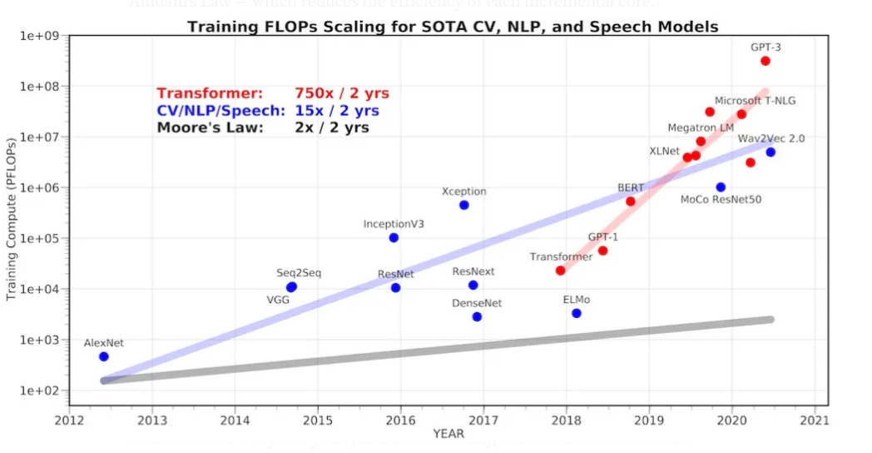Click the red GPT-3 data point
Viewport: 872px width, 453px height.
pos(765,61)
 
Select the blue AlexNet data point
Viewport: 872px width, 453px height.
pos(104,356)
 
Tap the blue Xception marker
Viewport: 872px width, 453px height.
pos(464,205)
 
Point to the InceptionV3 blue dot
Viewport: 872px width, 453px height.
pos(394,237)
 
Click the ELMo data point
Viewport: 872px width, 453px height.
pos(577,313)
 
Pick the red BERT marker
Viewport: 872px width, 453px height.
pos(631,201)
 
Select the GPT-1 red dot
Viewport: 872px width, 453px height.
pos(602,251)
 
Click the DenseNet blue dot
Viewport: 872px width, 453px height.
pos(477,316)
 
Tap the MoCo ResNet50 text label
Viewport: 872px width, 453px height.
pos(721,200)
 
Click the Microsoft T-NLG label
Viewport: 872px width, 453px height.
pos(755,101)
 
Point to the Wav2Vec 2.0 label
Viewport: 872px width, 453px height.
pos(771,138)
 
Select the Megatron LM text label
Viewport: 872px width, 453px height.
pos(701,127)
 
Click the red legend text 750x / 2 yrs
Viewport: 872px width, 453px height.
pos(341,93)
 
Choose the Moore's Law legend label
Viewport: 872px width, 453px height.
pos(211,127)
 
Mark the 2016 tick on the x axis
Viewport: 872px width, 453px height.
pos(401,420)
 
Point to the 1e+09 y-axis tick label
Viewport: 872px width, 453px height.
pos(40,36)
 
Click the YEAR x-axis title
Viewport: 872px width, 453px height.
pos(448,434)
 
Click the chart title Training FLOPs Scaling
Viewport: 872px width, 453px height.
pos(452,27)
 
